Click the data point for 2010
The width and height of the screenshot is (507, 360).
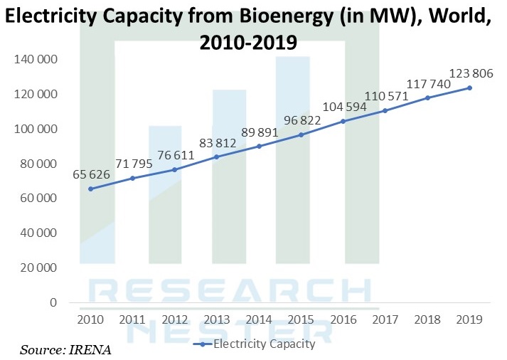pyautogui.click(x=90, y=189)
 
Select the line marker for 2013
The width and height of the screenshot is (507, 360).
pyautogui.click(x=216, y=157)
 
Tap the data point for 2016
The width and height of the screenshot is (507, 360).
pyautogui.click(x=343, y=121)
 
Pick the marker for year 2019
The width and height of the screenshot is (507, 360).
pyautogui.click(x=469, y=88)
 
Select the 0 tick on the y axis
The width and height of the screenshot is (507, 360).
pyautogui.click(x=53, y=302)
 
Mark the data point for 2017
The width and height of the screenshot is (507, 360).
pyautogui.click(x=385, y=110)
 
